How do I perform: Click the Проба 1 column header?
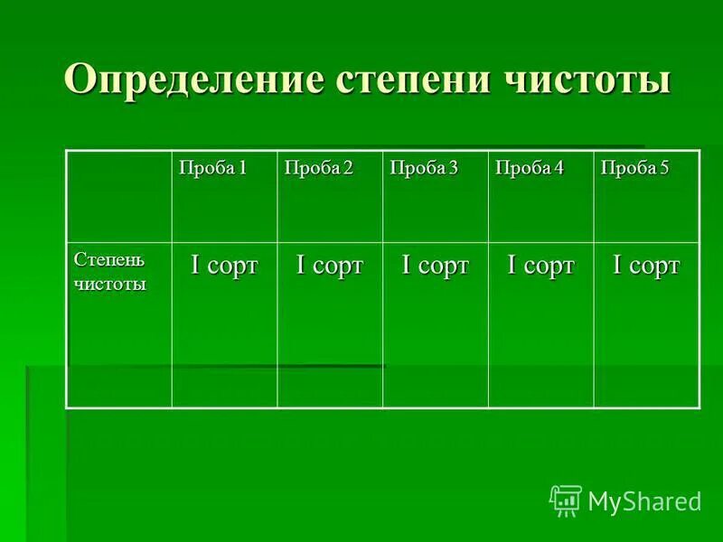212,168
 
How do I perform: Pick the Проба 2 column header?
317,168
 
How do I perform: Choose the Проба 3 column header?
423,168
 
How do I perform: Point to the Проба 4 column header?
529,168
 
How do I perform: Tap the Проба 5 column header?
635,168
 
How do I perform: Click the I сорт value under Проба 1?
223,266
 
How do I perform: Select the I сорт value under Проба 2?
330,266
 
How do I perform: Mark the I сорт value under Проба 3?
436,266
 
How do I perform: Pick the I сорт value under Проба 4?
540,266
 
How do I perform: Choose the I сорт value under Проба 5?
646,266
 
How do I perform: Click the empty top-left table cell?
119,196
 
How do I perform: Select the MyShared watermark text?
644,500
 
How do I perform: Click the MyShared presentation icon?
566,500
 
